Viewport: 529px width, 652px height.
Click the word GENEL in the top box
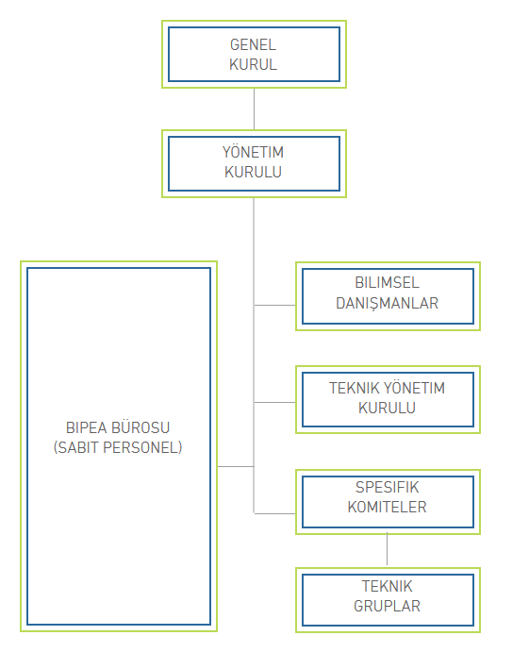point(253,45)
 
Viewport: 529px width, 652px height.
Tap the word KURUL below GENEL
point(253,64)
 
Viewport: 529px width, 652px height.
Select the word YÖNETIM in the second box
point(253,152)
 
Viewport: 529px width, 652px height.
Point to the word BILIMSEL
point(387,283)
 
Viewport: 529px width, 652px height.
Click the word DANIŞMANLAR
point(387,304)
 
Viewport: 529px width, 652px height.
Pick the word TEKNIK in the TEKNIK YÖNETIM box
point(354,389)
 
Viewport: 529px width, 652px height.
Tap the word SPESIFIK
point(387,487)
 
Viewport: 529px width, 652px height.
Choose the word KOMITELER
point(387,508)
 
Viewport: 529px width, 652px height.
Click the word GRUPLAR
point(387,607)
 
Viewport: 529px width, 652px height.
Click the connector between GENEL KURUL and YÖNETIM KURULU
point(254,109)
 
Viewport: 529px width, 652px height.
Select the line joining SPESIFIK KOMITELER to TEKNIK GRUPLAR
point(387,549)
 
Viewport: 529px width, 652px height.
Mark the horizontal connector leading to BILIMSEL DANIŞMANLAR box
point(274,305)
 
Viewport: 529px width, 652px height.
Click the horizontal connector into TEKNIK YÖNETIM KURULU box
point(274,403)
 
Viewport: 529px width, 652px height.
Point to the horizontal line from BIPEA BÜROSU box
point(236,466)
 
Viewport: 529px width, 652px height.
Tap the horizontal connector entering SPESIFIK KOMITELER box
point(274,514)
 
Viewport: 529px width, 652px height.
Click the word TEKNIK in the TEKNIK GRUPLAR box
point(387,586)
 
